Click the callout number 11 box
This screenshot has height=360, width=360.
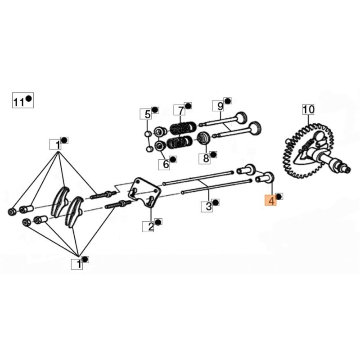coord(18,102)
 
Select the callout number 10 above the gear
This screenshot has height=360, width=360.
coord(308,109)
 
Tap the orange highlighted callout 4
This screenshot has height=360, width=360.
coord(271,200)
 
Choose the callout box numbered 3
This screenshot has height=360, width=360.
coord(208,207)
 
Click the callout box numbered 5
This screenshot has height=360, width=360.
coord(146,114)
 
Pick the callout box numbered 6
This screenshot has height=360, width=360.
coord(166,164)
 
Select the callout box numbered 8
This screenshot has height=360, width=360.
coord(206,158)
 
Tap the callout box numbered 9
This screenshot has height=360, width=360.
coord(220,106)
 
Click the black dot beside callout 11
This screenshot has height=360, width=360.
coord(28,99)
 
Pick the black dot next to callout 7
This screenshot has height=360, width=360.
coord(188,106)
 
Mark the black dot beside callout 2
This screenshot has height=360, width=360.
coord(158,222)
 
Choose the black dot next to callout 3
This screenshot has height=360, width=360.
coord(216,203)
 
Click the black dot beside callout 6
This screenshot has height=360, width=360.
coord(174,159)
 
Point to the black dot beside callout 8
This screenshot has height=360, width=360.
coord(213,154)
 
